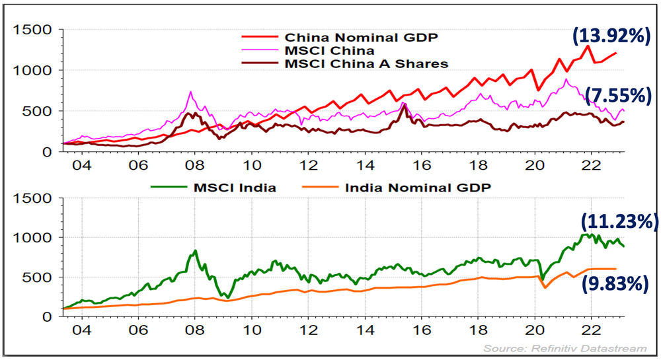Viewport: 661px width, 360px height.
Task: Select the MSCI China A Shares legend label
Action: click(366, 63)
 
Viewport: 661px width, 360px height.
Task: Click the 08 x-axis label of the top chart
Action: click(194, 164)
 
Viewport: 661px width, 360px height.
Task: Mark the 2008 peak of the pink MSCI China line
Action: click(190, 92)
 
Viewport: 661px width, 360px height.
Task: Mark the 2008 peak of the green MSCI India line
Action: click(195, 250)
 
